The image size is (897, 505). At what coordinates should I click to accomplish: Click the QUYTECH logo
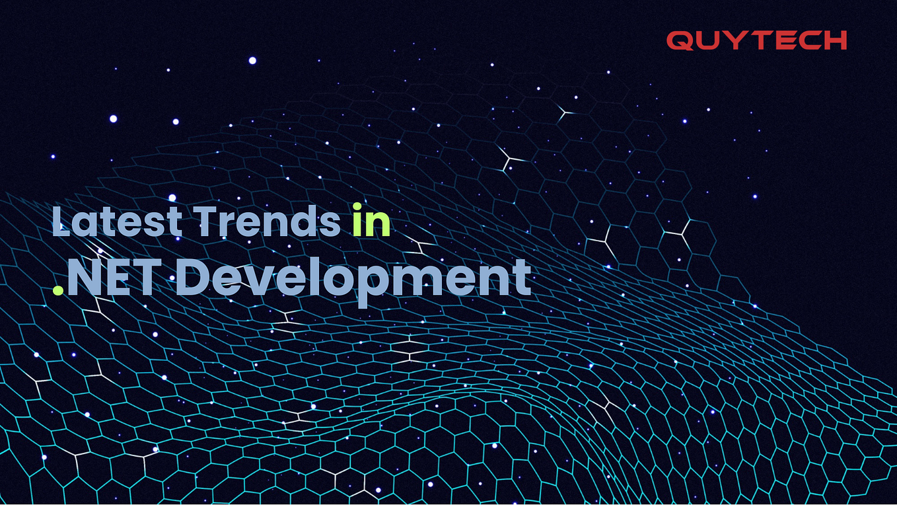(x=756, y=41)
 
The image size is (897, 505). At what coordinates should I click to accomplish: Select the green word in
(x=371, y=222)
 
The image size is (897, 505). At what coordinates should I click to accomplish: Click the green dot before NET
(x=58, y=290)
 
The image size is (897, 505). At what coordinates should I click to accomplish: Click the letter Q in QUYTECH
(x=680, y=41)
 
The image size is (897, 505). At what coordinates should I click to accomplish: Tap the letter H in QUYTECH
(x=835, y=41)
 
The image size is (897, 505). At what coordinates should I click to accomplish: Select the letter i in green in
(x=357, y=222)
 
